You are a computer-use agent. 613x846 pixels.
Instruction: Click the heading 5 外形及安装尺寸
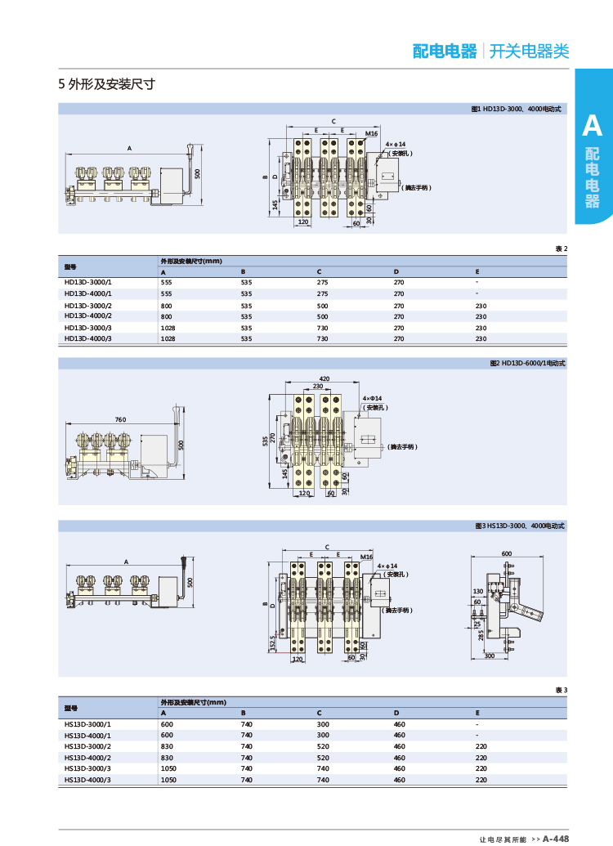(107, 83)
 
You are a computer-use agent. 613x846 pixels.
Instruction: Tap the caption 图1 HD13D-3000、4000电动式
(517, 109)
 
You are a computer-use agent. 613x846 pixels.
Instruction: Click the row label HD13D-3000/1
(88, 282)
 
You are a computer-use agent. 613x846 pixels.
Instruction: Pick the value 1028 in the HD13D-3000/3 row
(167, 327)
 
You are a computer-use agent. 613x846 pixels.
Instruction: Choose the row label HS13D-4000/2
(88, 758)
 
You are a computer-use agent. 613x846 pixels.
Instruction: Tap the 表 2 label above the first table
(560, 248)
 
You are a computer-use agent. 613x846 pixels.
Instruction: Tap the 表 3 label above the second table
(560, 690)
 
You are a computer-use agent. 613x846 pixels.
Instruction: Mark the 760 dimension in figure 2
(120, 419)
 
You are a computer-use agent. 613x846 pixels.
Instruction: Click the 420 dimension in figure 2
(324, 378)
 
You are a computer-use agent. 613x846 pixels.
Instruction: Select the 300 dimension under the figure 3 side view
(490, 656)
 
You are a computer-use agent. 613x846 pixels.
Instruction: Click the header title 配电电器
(444, 51)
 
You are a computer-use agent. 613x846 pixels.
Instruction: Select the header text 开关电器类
(529, 51)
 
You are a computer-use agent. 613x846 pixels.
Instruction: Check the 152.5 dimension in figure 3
(271, 644)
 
